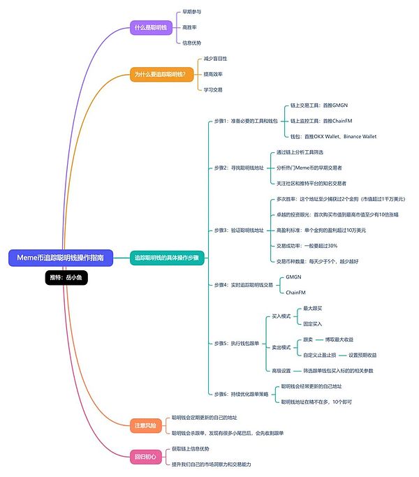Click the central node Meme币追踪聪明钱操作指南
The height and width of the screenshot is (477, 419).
pyautogui.click(x=59, y=258)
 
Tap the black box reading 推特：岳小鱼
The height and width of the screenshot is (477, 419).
pyautogui.click(x=66, y=277)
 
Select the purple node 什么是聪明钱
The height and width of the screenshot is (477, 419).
pyautogui.click(x=150, y=27)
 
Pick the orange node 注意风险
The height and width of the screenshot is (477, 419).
pyautogui.click(x=145, y=424)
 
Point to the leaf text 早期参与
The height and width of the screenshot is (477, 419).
pyautogui.click(x=192, y=12)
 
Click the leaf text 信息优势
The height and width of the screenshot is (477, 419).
pyautogui.click(x=192, y=43)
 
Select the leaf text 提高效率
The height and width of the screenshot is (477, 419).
pyautogui.click(x=213, y=73)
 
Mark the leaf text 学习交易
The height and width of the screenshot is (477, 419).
pyautogui.click(x=213, y=89)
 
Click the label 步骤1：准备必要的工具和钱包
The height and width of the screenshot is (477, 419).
pyautogui.click(x=245, y=121)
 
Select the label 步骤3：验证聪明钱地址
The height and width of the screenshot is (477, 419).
pyautogui.click(x=240, y=230)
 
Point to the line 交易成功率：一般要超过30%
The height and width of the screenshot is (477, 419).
pyautogui.click(x=307, y=245)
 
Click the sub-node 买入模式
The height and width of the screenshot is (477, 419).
pyautogui.click(x=280, y=316)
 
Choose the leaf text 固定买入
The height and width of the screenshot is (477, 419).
pyautogui.click(x=312, y=324)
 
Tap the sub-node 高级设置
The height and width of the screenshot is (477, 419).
pyautogui.click(x=280, y=370)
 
